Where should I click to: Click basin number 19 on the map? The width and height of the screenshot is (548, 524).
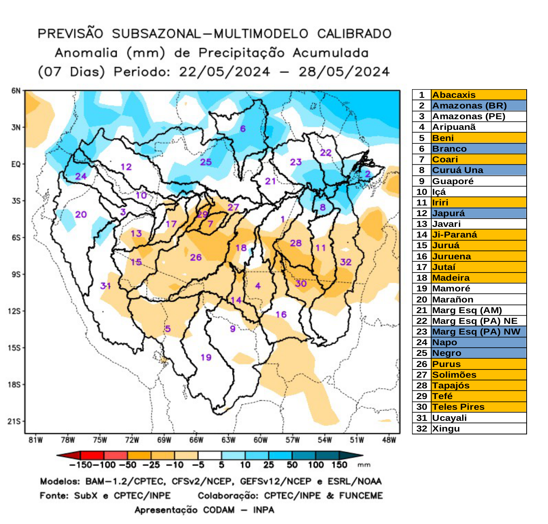(206, 357)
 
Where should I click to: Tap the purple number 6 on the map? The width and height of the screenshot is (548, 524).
(243, 129)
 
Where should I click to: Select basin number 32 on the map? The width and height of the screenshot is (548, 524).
(345, 262)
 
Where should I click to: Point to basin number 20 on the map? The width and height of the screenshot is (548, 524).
(81, 214)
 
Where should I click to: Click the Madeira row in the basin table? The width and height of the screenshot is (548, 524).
(451, 278)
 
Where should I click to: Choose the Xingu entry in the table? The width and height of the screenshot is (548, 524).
(446, 429)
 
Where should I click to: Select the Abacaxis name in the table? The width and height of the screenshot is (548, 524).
(454, 95)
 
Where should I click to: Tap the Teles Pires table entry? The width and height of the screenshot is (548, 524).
(458, 407)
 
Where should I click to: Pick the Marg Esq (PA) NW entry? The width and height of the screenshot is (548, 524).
(476, 332)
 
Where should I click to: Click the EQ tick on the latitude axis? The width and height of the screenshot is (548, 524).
(16, 164)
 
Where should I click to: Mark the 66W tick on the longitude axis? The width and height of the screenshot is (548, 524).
(196, 440)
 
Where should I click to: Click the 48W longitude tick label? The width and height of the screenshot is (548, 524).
(389, 440)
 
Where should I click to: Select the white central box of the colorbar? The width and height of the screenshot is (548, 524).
(210, 455)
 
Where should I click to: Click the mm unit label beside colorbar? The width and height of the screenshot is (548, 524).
(364, 465)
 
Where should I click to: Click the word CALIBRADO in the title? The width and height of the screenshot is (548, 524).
(354, 34)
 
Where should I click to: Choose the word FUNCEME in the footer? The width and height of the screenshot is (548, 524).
(361, 496)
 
